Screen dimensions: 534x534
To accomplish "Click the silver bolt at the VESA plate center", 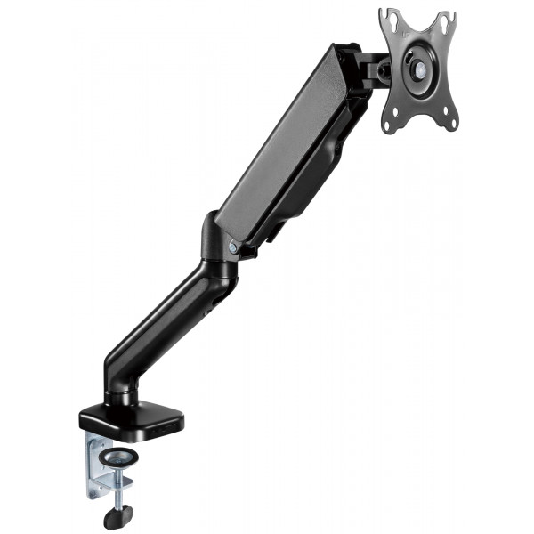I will coord(417,68).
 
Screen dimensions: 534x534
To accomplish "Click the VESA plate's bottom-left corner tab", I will coord(389,124).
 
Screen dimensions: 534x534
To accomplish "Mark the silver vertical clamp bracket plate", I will coord(96,463).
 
